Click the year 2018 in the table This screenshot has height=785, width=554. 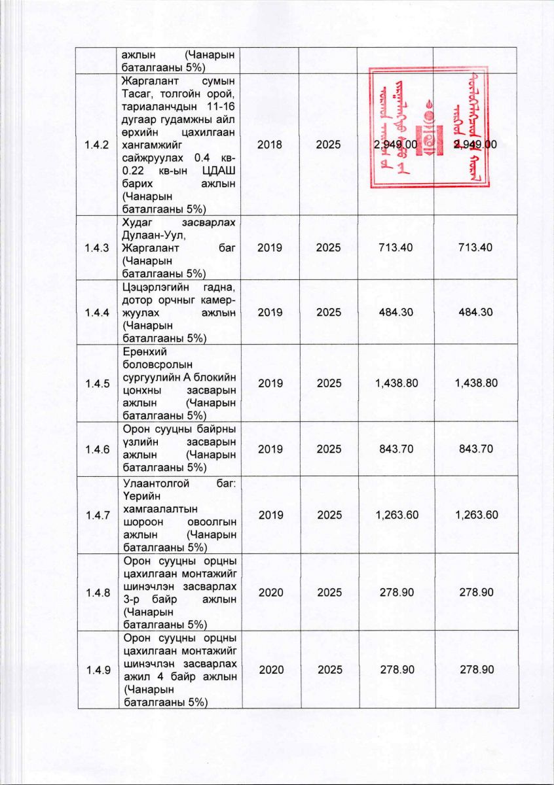[x=270, y=145]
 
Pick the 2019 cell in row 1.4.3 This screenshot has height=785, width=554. [x=270, y=248]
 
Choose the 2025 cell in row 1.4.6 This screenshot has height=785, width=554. [x=328, y=449]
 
